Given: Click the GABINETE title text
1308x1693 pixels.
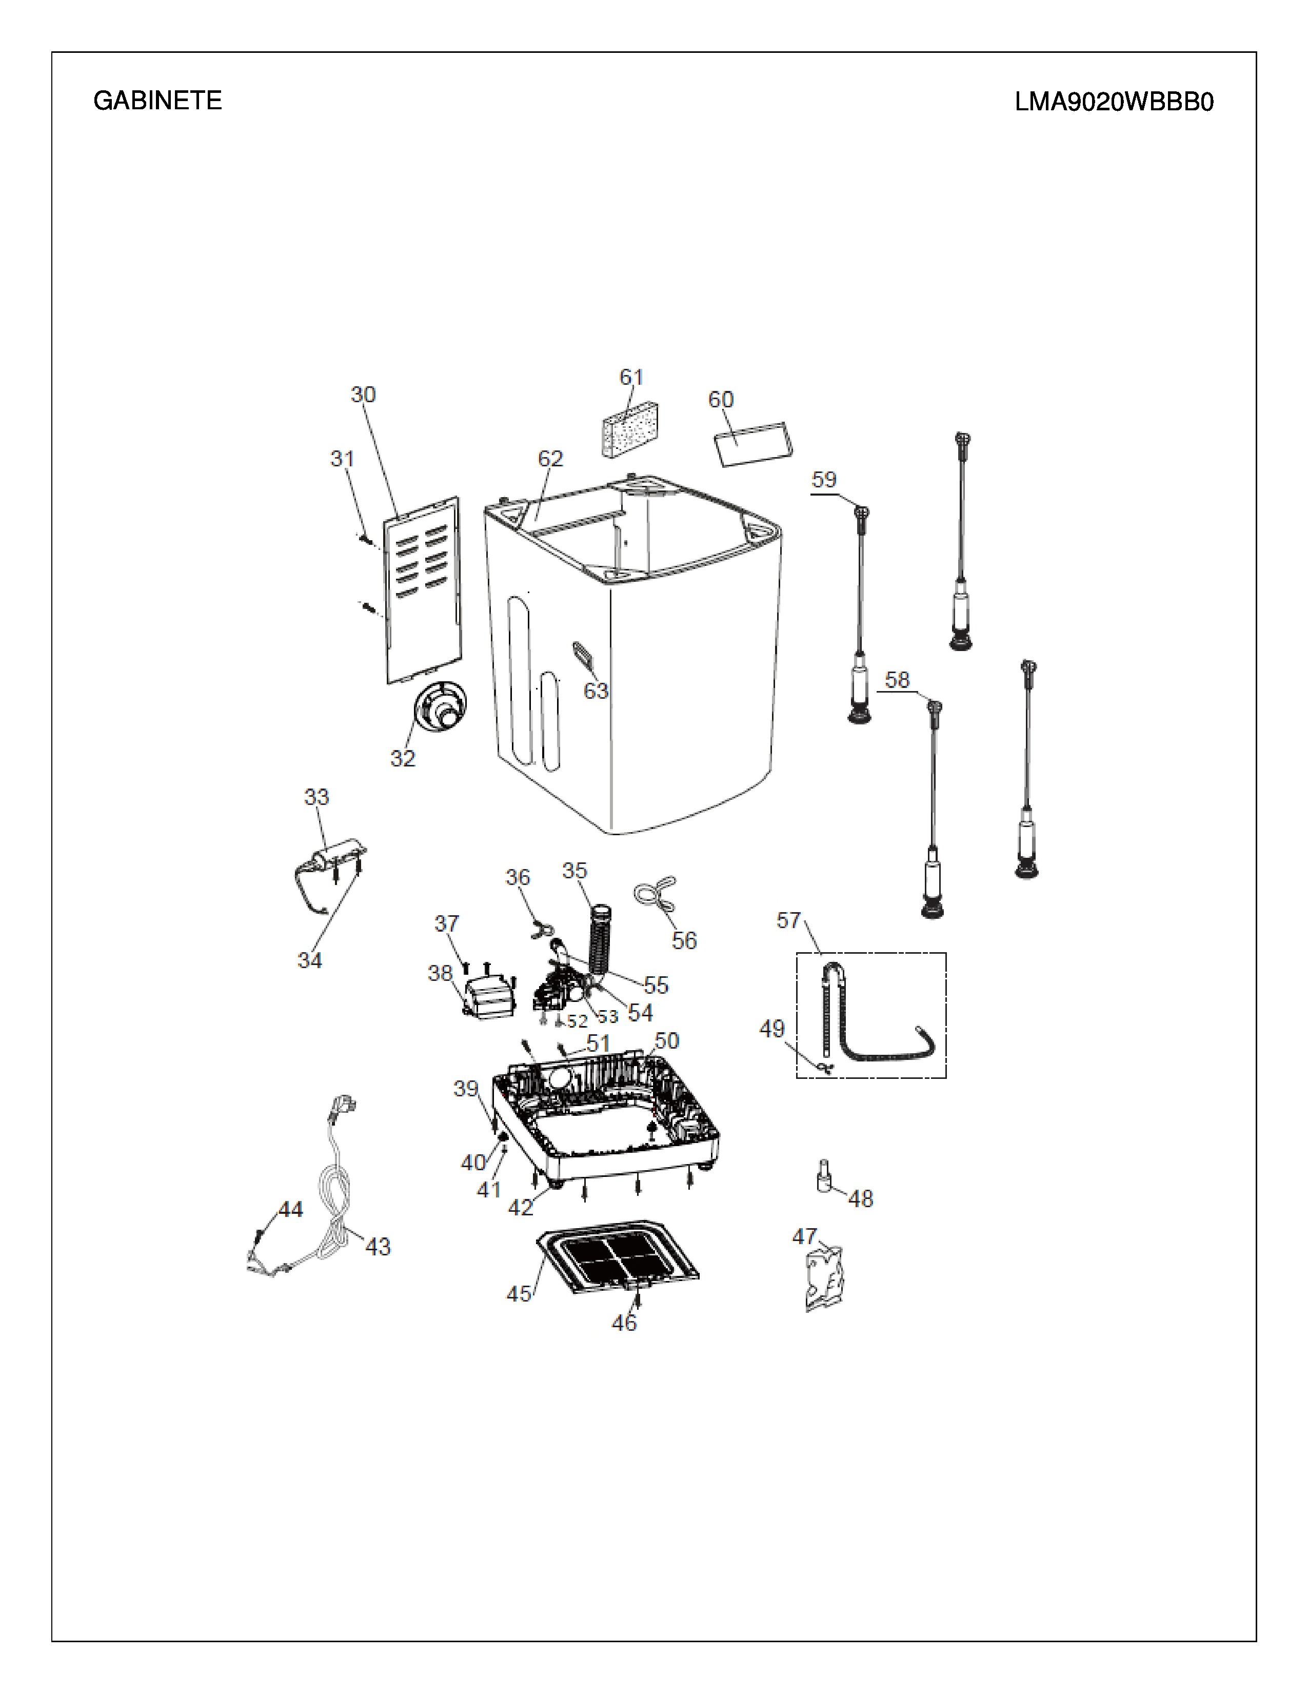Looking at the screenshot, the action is [x=157, y=101].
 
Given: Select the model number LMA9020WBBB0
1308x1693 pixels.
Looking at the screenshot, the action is [x=1114, y=102].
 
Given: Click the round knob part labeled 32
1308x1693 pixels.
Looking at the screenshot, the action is [x=440, y=706].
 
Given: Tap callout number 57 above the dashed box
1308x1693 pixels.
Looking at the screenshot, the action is [x=789, y=920].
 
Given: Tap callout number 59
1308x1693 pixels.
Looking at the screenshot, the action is [x=824, y=479].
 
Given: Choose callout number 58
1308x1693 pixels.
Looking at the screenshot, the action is [x=897, y=680].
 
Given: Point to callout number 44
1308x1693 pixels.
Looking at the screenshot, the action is [x=290, y=1209].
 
